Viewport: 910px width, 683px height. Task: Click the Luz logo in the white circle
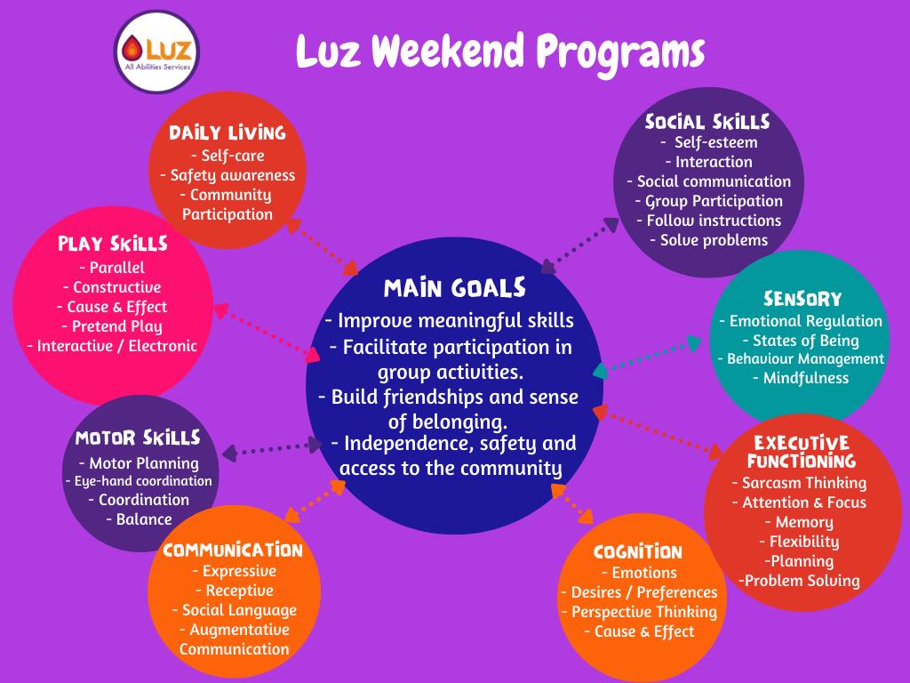(156, 52)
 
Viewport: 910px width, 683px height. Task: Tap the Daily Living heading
(227, 133)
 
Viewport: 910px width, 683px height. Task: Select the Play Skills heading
(113, 244)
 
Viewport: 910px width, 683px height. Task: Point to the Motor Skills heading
(138, 438)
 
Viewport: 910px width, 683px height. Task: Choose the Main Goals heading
(454, 288)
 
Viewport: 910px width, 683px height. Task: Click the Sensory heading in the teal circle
(802, 299)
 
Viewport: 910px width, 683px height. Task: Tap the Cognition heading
(638, 551)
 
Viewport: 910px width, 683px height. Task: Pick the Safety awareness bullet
(227, 175)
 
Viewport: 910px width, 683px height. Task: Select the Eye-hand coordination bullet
(139, 481)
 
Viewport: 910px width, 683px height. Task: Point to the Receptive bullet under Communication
(235, 591)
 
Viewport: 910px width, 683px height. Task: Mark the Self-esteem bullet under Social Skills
(709, 142)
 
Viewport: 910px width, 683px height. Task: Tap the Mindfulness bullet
(801, 378)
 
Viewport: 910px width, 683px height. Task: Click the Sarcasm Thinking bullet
(799, 483)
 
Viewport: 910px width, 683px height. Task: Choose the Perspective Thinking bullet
(640, 612)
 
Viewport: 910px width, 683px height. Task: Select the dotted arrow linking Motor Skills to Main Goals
(272, 449)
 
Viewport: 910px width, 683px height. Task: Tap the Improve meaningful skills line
(449, 320)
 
